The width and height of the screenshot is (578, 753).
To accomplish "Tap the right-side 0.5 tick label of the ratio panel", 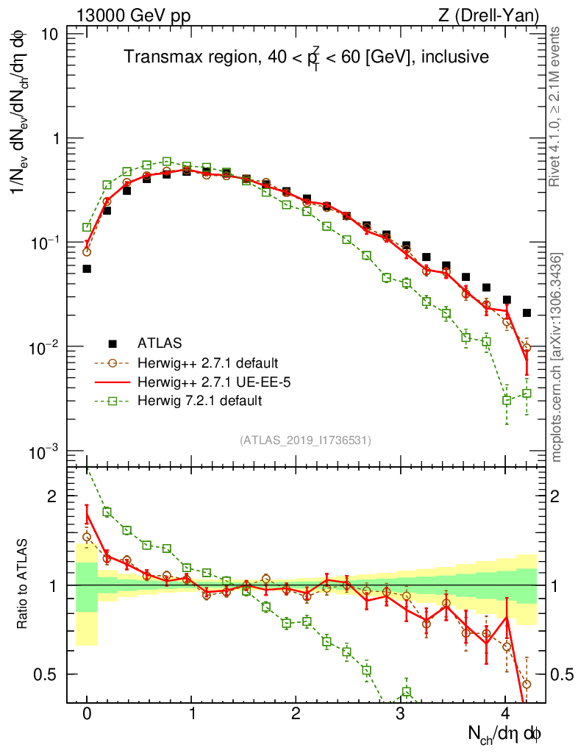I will pyautogui.click(x=560, y=674).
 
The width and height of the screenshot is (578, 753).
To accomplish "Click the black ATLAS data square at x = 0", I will pyautogui.click(x=87, y=268).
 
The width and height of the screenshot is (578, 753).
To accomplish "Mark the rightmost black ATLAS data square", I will pyautogui.click(x=527, y=313).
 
